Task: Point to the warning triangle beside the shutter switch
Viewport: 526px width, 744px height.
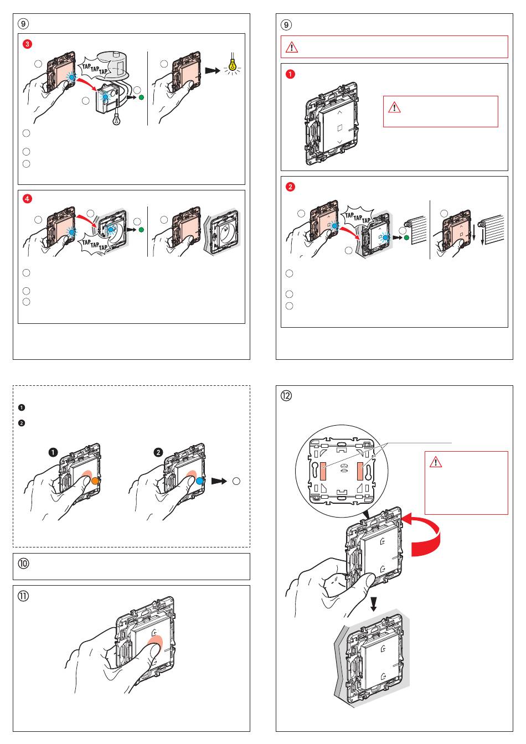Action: click(394, 107)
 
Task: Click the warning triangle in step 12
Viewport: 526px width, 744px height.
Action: click(435, 462)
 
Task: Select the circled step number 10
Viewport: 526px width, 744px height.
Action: click(25, 565)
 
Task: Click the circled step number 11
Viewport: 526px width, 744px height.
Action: click(25, 596)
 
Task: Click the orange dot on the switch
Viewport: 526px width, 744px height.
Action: click(95, 480)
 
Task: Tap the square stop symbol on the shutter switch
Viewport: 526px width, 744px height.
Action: click(339, 128)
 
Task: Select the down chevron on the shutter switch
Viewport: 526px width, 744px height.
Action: click(339, 143)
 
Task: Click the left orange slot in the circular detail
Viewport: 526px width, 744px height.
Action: click(322, 471)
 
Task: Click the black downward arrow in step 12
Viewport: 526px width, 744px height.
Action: click(374, 604)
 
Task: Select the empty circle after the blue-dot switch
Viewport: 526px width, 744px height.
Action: click(236, 481)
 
